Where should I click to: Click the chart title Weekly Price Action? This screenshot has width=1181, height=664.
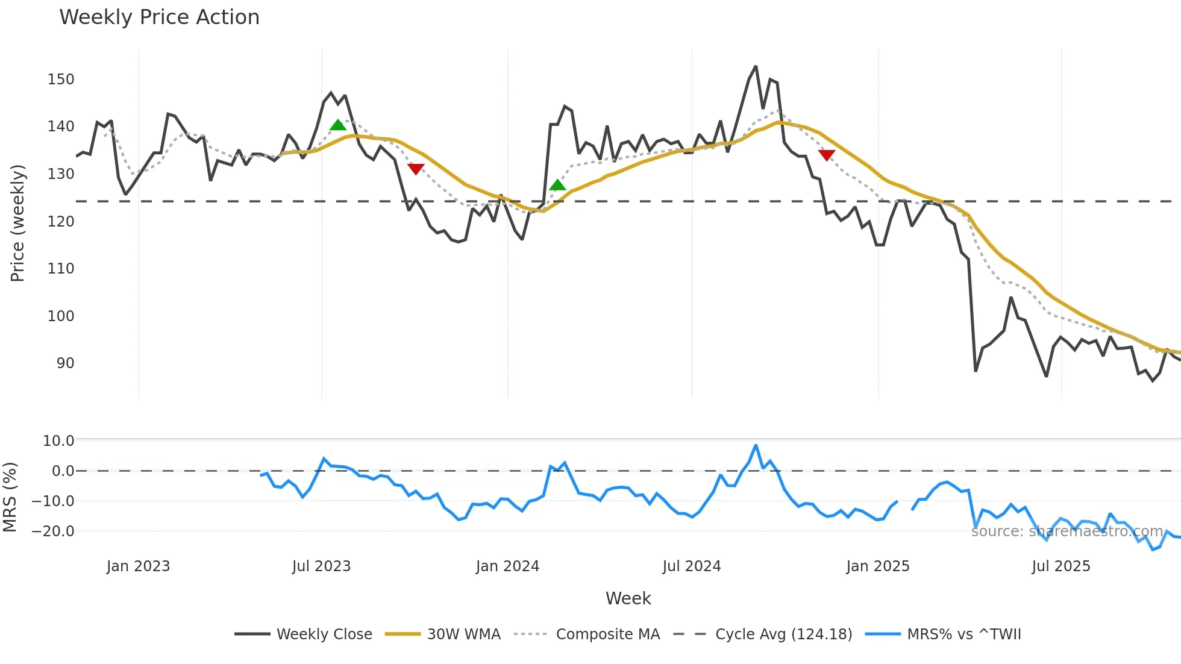pyautogui.click(x=159, y=17)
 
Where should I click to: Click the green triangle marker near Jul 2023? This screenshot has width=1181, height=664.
pyautogui.click(x=338, y=125)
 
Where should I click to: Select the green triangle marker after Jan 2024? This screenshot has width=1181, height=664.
pyautogui.click(x=557, y=186)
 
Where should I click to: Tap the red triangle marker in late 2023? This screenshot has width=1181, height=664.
pyautogui.click(x=416, y=169)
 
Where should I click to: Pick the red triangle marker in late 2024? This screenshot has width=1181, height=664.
pyautogui.click(x=827, y=155)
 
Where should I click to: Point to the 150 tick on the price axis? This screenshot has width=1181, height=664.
pyautogui.click(x=61, y=80)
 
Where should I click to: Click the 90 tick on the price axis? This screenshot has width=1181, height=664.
pyautogui.click(x=65, y=363)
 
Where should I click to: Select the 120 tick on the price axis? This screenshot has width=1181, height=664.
pyautogui.click(x=61, y=222)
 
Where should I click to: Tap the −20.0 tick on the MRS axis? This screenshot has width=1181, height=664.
pyautogui.click(x=53, y=531)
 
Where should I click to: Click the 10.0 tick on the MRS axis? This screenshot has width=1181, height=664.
pyautogui.click(x=58, y=441)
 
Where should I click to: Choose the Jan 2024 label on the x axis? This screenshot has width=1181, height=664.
pyautogui.click(x=507, y=566)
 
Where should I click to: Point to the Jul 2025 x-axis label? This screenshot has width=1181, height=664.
pyautogui.click(x=1060, y=566)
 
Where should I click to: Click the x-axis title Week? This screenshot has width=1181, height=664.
pyautogui.click(x=628, y=598)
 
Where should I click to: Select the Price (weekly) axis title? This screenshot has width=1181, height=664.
pyautogui.click(x=17, y=223)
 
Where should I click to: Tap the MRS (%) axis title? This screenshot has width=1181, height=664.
pyautogui.click(x=10, y=497)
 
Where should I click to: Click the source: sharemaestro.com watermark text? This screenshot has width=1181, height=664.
pyautogui.click(x=1067, y=531)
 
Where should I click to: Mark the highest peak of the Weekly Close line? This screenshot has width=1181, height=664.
pyautogui.click(x=756, y=66)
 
